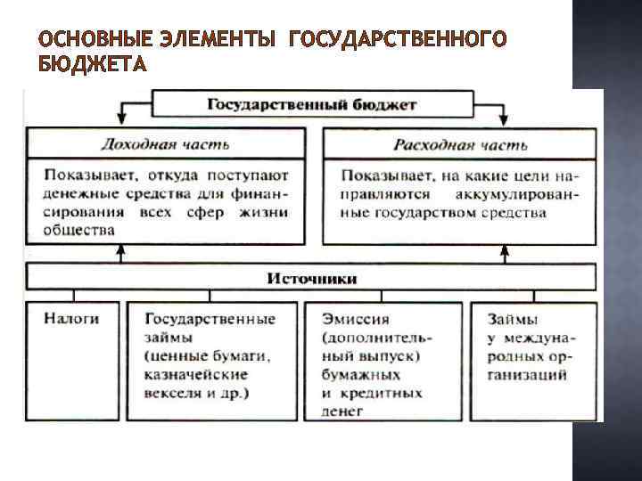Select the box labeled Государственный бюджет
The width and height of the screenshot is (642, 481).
312,104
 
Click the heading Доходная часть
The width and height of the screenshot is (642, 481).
165,143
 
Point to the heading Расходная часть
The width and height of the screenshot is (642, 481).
461,143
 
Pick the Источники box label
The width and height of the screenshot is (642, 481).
312,278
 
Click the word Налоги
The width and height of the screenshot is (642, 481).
69,317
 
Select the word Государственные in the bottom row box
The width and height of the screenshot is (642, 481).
210,317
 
